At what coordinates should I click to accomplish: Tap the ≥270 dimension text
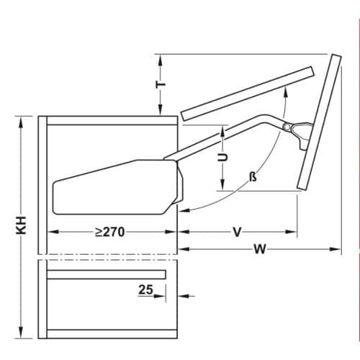pos(112,233)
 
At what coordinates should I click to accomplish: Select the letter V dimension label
pos(236,232)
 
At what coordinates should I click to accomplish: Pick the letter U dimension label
pos(223,156)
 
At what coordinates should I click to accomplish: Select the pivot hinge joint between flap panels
pos(289,127)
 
